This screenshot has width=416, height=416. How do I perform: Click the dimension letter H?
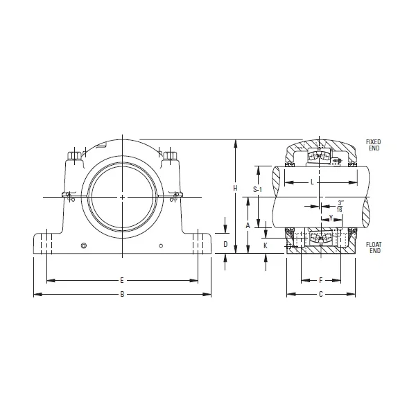pyautogui.click(x=236, y=189)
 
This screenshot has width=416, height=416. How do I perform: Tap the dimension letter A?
pyautogui.click(x=248, y=226)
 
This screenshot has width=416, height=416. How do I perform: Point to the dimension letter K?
pyautogui.click(x=266, y=245)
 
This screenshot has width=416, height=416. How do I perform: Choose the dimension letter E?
pyautogui.click(x=122, y=281)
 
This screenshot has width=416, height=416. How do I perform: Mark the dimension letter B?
pyautogui.click(x=122, y=295)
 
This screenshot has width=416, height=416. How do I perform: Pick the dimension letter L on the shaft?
pyautogui.click(x=313, y=182)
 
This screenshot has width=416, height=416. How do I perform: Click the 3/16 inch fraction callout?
pyautogui.click(x=340, y=205)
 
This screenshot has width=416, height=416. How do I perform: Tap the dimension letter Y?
pyautogui.click(x=331, y=218)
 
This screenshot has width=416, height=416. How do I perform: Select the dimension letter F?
pyautogui.click(x=320, y=281)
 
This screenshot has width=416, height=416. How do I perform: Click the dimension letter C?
pyautogui.click(x=320, y=295)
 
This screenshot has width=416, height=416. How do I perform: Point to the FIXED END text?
pyautogui.click(x=373, y=145)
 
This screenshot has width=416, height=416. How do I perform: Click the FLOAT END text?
pyautogui.click(x=373, y=248)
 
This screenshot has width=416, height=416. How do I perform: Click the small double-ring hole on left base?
pyautogui.click(x=84, y=245)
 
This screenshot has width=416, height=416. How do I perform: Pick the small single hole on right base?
pyautogui.click(x=161, y=245)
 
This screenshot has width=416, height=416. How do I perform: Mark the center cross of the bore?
pyautogui.click(x=122, y=198)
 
